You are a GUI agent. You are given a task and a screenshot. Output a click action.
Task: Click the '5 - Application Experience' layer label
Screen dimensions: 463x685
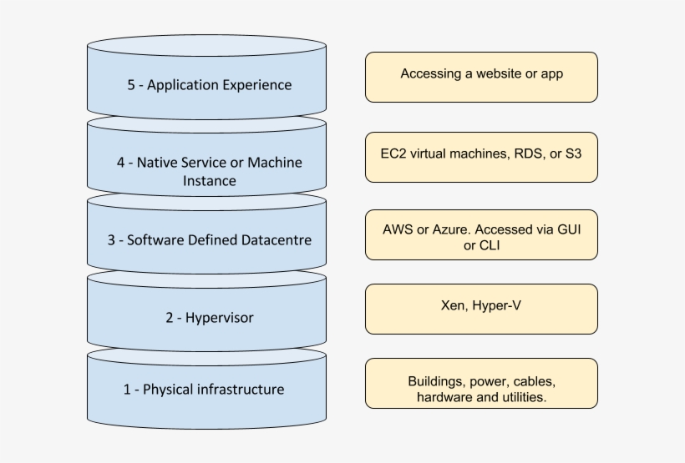[210, 85]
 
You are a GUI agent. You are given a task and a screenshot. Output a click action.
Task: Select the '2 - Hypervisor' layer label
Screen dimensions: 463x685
[209, 317]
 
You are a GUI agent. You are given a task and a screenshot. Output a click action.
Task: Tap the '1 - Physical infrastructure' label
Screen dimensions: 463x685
[204, 389]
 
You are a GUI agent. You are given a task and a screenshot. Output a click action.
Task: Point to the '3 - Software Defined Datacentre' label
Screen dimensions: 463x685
[210, 240]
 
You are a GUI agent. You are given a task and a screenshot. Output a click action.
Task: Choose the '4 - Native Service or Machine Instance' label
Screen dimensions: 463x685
[209, 171]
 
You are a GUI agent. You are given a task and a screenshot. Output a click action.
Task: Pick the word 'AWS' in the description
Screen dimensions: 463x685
[398, 229]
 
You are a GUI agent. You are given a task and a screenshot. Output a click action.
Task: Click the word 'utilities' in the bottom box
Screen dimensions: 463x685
[520, 398]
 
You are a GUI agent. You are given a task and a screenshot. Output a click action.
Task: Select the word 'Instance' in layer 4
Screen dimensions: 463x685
[209, 181]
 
